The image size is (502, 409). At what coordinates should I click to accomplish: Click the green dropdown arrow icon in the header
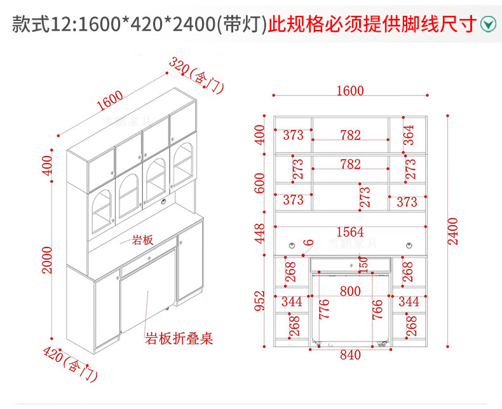click(x=487, y=25)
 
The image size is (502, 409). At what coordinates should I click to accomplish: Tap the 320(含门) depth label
click(x=196, y=75)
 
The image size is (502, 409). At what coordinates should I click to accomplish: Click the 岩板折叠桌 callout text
click(x=179, y=338)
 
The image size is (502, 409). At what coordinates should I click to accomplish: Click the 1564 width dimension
click(x=350, y=232)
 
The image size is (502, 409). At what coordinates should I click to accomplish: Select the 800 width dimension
click(x=350, y=291)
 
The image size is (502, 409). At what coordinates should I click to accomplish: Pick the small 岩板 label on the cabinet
click(x=142, y=240)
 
